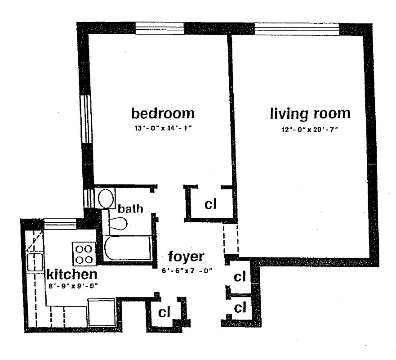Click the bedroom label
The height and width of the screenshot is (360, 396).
[163, 112]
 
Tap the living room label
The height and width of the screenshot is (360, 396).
[310, 113]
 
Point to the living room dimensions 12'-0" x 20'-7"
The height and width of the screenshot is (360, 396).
[310, 130]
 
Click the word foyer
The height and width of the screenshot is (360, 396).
[186, 257]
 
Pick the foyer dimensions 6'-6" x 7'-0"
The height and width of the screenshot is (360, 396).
[187, 271]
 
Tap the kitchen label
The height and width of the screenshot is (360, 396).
[72, 274]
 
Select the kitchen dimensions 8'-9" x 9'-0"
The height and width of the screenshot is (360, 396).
[72, 285]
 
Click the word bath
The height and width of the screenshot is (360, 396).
[130, 209]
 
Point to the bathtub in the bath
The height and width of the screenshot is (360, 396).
[127, 248]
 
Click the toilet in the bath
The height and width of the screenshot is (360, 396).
[118, 223]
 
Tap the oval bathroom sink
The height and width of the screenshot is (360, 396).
[107, 198]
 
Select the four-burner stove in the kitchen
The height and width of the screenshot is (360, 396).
[84, 254]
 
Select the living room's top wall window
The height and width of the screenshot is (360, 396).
[297, 28]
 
